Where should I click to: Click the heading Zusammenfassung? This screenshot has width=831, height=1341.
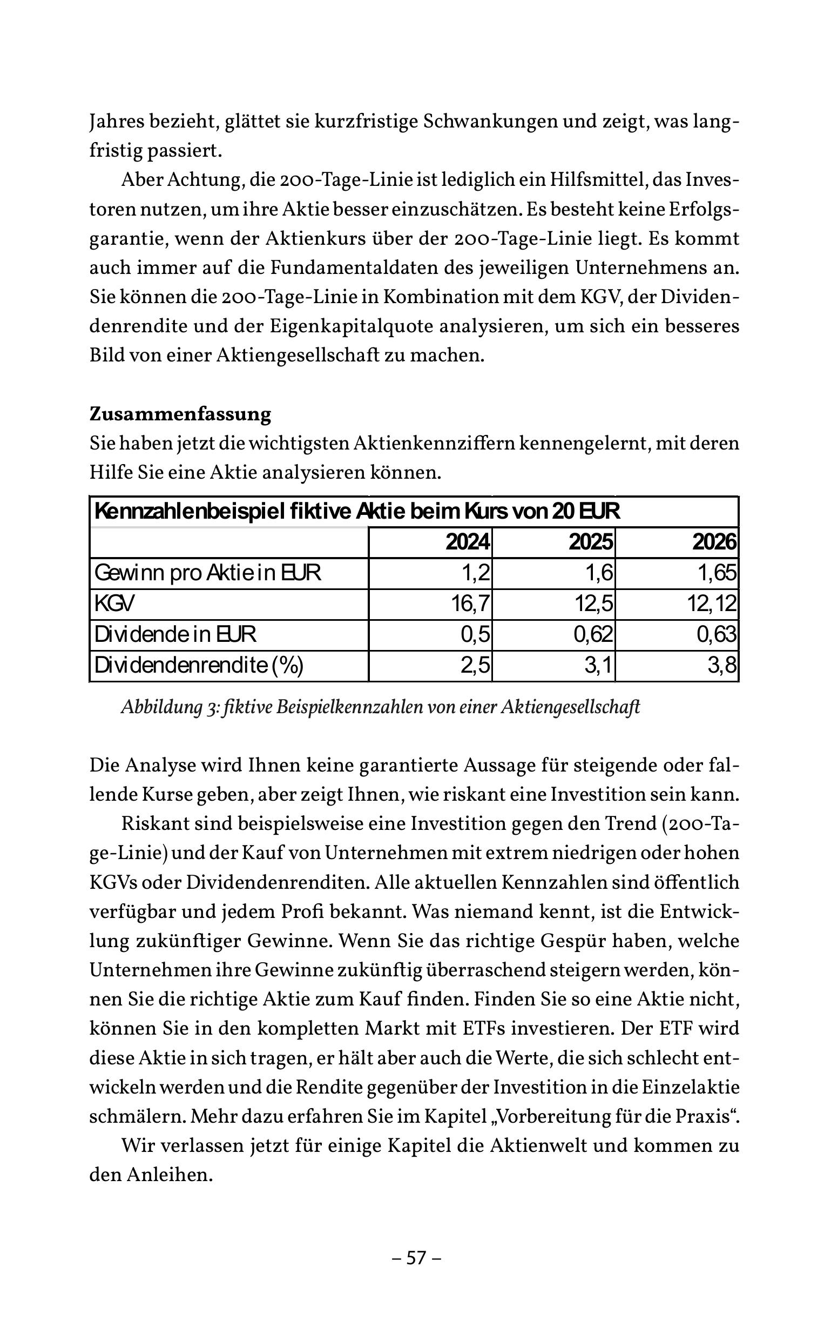(180, 414)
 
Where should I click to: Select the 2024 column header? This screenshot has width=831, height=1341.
(467, 542)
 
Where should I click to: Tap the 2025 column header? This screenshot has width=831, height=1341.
(590, 542)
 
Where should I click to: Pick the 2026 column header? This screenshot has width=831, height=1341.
(714, 542)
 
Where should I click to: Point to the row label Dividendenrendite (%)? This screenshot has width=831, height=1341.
(199, 665)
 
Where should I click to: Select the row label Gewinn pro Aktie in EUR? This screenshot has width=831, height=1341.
(208, 573)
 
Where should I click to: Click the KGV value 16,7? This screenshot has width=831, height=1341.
(470, 604)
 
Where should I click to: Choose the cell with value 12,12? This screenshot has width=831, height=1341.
(711, 604)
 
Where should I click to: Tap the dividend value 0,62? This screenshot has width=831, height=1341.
(593, 635)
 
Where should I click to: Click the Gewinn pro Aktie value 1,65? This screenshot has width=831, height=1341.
(717, 573)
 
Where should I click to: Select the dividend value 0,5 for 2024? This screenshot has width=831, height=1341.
(475, 635)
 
